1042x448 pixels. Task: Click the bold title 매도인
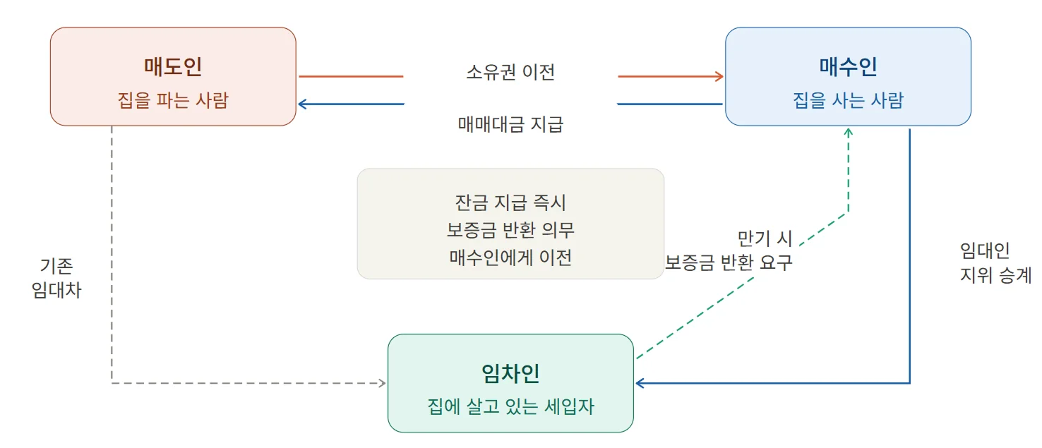coord(173,67)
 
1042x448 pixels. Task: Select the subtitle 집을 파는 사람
coord(173,100)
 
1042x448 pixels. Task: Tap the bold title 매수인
coord(848,67)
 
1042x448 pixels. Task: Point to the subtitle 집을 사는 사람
coord(848,100)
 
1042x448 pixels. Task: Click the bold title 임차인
coord(510,373)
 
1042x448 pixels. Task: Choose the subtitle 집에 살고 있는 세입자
coord(510,406)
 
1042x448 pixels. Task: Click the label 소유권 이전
coord(510,72)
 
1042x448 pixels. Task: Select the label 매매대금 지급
coord(510,125)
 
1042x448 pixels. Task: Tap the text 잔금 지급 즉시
coord(510,203)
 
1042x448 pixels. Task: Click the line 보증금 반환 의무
coord(510,230)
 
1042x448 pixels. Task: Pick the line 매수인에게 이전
coord(510,257)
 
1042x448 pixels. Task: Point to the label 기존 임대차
coord(56,278)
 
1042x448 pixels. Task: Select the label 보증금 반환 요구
coord(729,262)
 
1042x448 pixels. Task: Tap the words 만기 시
coord(765,237)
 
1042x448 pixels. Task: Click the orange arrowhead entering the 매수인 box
coord(719,76)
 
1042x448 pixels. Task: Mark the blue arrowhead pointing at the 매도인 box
coord(303,104)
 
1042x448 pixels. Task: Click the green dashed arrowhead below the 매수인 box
coord(849,133)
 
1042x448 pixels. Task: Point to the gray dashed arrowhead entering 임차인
coord(382,383)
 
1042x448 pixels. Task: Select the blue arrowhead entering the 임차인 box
coord(640,383)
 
